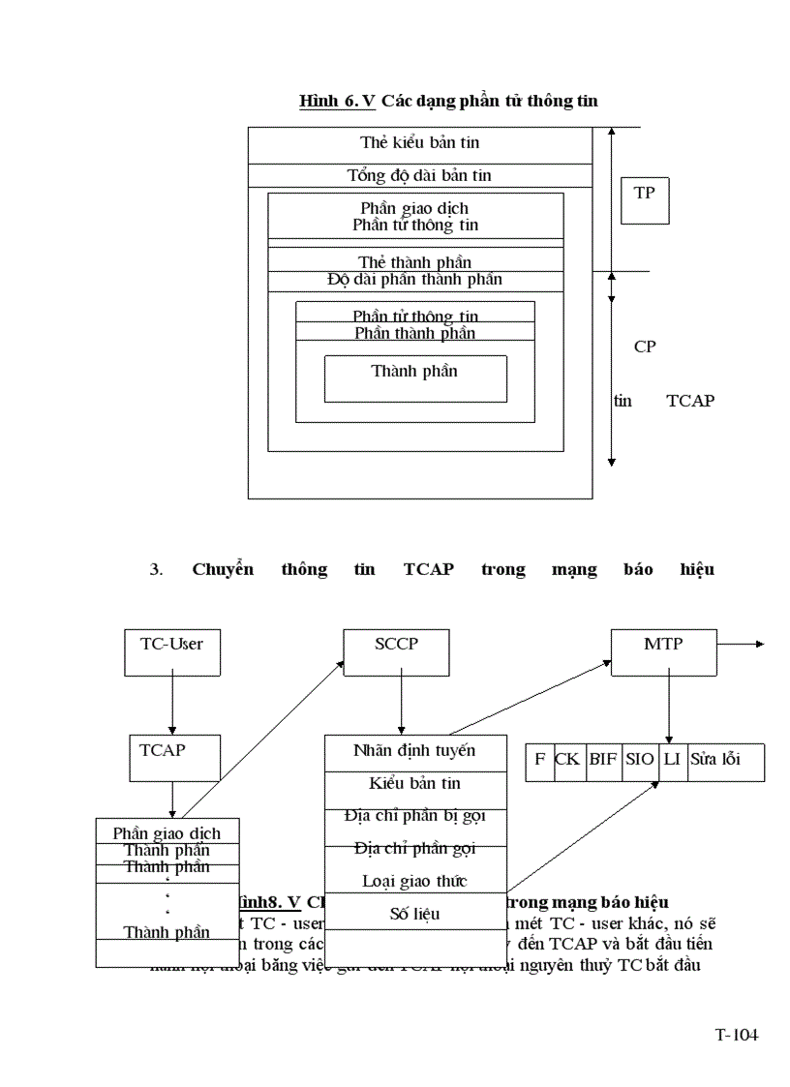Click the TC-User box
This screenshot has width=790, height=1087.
coord(172,651)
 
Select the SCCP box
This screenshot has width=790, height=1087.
coord(396,651)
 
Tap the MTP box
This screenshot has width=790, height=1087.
coord(663,651)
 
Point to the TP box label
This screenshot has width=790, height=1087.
coord(644,199)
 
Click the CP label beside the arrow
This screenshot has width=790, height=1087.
coord(645,347)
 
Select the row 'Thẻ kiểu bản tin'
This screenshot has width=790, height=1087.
coord(419,143)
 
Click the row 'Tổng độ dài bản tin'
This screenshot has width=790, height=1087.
coord(419,175)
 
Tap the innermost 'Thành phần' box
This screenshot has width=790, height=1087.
coord(414,377)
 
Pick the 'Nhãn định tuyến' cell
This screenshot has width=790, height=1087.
coord(414,751)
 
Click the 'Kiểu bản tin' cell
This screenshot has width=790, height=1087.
coord(414,784)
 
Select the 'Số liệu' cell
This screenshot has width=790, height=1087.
coord(414,913)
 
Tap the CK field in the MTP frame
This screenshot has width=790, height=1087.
coord(566,760)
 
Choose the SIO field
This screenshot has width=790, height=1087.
coord(639,760)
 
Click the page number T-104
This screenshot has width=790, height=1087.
coord(736,1035)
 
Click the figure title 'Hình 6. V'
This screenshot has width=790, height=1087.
coord(337,101)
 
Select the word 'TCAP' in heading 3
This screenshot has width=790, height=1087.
coord(428,569)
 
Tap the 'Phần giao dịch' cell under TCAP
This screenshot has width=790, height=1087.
coord(167,832)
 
